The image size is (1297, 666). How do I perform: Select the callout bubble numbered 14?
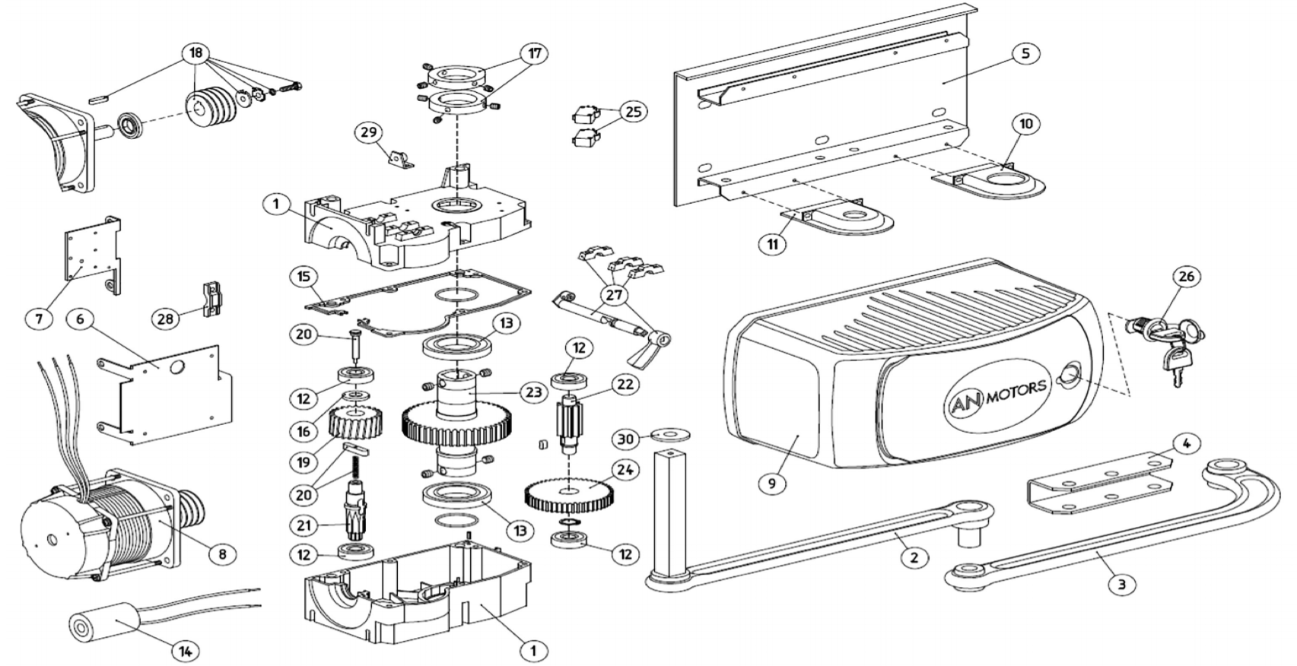pos(185,651)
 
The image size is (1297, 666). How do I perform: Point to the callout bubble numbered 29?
pos(368,132)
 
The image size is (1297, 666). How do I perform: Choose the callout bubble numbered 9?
pos(772,483)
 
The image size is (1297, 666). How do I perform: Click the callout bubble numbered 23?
pos(532,392)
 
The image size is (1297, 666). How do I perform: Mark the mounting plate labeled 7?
pos(91,255)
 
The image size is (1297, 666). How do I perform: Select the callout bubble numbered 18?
pos(196,52)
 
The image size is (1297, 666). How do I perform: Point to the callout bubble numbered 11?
pos(772,244)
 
